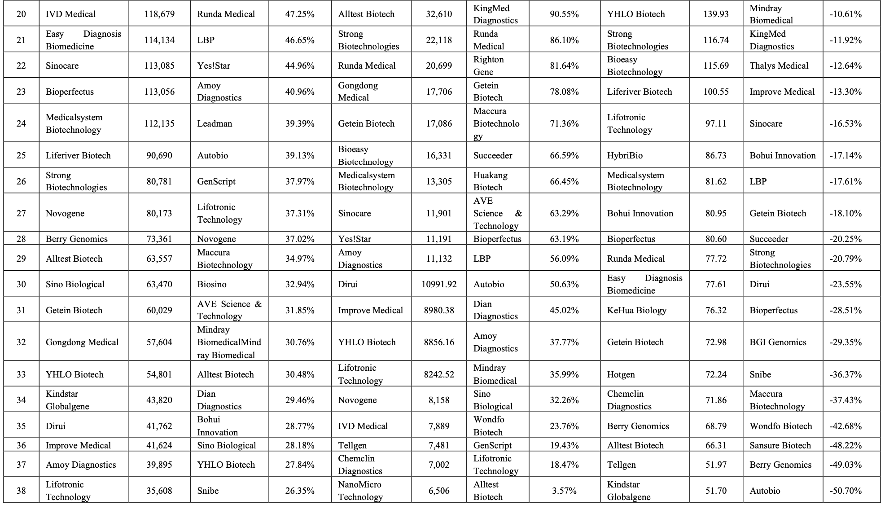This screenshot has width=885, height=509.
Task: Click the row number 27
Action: (21, 213)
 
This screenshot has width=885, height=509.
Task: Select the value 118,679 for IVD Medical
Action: (159, 14)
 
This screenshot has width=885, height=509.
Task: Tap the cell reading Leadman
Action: (215, 123)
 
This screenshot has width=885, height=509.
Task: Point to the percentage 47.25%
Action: (300, 14)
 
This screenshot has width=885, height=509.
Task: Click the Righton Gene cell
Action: (489, 66)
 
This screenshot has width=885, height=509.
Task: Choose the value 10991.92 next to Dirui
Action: (439, 284)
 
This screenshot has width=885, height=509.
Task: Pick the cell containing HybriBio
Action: (625, 155)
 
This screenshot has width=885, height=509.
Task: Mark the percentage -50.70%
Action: (846, 491)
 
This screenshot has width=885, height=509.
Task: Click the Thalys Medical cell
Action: (779, 66)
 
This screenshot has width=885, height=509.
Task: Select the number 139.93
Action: (716, 14)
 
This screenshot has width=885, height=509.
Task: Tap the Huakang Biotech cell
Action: (490, 181)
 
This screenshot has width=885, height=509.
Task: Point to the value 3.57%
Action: (564, 491)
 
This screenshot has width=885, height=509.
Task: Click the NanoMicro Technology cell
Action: (360, 491)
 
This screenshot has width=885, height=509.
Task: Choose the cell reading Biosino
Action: (212, 284)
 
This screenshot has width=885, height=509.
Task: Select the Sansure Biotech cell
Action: (780, 445)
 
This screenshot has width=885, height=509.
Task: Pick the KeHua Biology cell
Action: (636, 310)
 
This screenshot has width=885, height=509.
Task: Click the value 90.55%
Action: (564, 14)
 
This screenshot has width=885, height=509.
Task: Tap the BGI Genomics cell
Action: (778, 342)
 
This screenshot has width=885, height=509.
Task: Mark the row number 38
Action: (21, 491)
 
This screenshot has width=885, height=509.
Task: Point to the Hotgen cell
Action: (621, 374)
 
